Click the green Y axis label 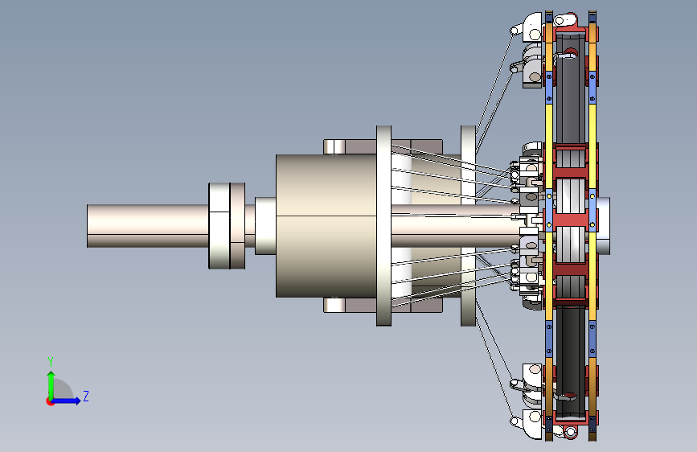point(51,361)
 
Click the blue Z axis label point(86,396)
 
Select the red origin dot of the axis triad point(50,401)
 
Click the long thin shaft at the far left point(148,226)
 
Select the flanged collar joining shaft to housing point(227,226)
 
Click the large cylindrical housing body point(326,226)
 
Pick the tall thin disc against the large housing point(384,226)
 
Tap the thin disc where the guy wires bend point(468,226)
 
